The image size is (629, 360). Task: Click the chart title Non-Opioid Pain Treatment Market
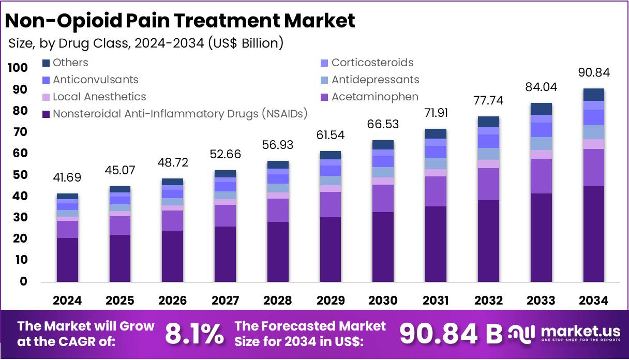[180, 21]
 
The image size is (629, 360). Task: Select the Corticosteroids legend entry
[372, 63]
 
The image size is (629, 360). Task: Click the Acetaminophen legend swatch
[324, 97]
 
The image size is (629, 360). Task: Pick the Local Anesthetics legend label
[99, 97]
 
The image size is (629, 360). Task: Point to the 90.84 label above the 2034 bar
[594, 73]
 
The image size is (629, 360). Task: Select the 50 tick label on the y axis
[21, 175]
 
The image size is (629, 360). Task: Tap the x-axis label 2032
[488, 301]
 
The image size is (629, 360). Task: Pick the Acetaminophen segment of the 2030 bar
[383, 198]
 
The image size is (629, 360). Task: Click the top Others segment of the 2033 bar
[541, 109]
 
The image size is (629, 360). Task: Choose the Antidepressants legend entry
[375, 80]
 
